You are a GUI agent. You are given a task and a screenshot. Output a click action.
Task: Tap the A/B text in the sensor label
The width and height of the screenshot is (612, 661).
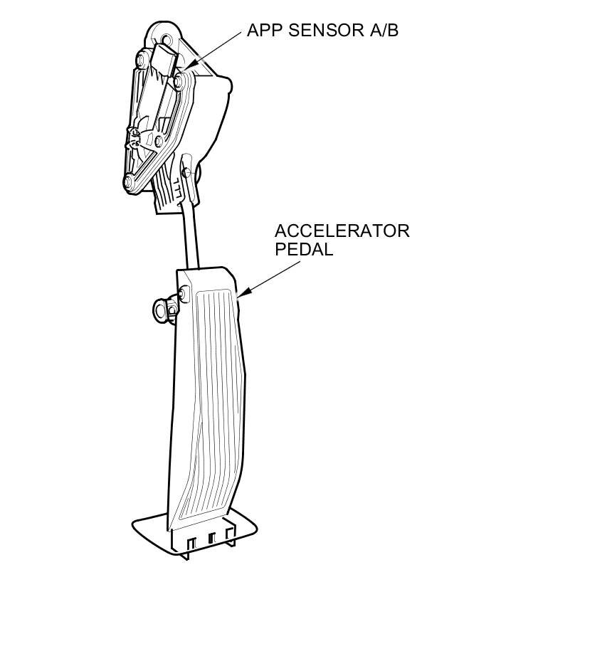click(384, 30)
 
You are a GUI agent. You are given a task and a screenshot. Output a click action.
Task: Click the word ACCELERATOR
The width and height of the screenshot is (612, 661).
click(342, 231)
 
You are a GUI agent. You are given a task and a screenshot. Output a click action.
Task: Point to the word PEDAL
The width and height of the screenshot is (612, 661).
click(304, 250)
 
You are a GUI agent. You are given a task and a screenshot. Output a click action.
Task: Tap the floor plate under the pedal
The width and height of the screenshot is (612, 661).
click(149, 530)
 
